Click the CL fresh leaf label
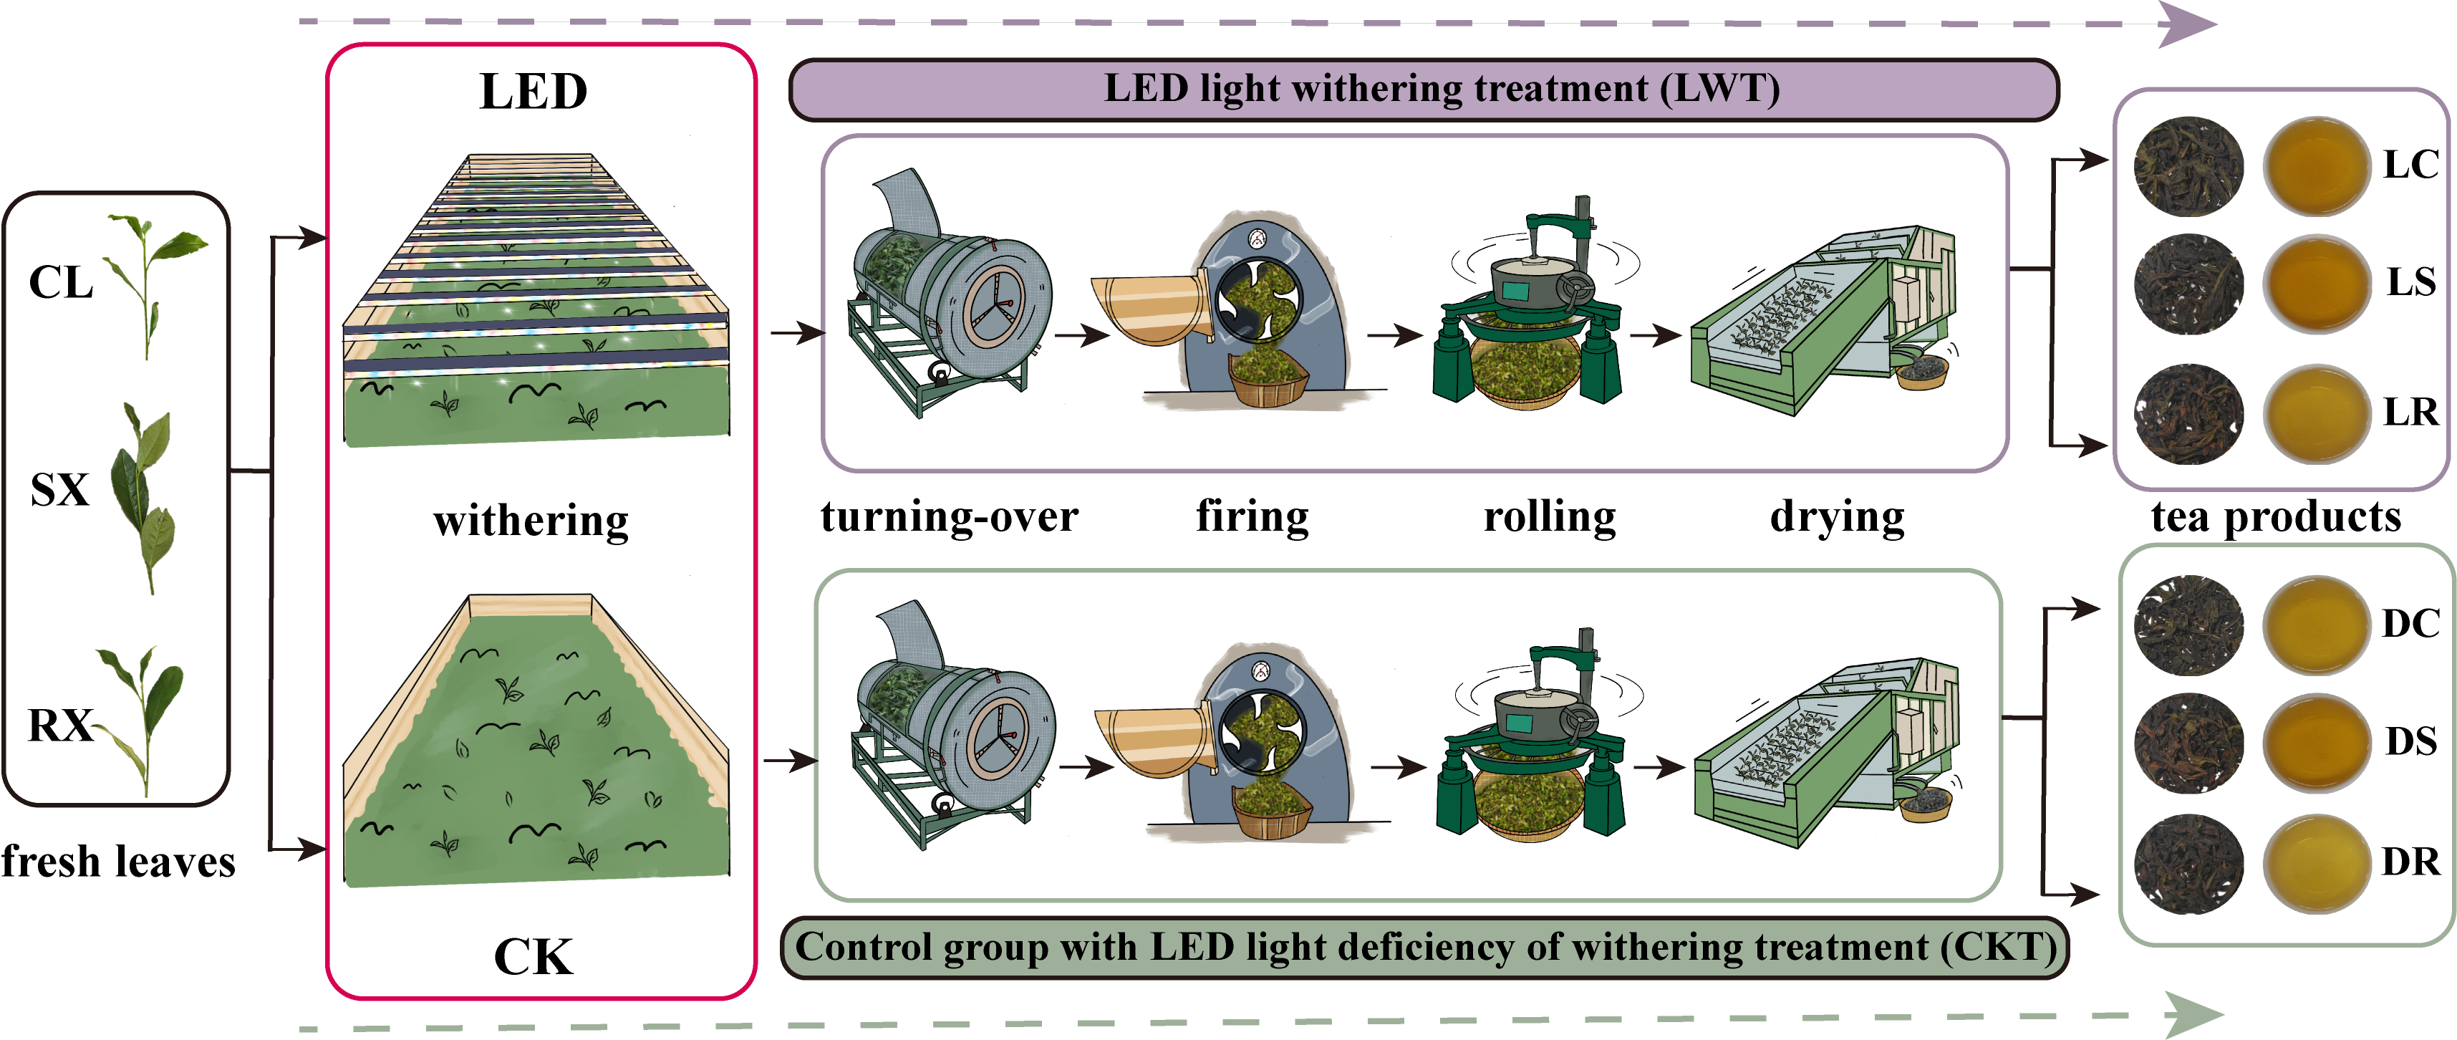(61, 282)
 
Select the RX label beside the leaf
(59, 725)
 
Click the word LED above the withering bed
(534, 92)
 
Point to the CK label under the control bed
(534, 957)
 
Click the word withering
(531, 521)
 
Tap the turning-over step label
(949, 517)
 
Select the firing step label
(1252, 517)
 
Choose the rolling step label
(1550, 517)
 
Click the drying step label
(1837, 517)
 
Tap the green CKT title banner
(1425, 948)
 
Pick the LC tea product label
(2410, 165)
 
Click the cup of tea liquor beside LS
(2316, 284)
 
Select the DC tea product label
(2410, 623)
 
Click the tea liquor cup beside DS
(2316, 741)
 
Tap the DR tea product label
(2410, 862)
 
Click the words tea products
(2276, 517)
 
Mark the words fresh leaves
(118, 862)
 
